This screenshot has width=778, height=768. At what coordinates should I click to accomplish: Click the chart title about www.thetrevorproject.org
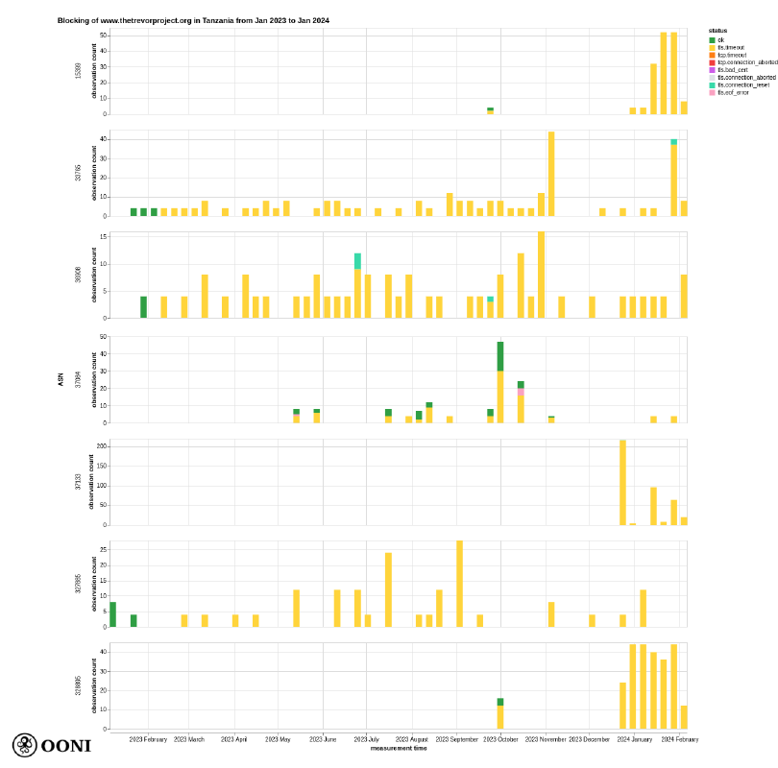pos(193,20)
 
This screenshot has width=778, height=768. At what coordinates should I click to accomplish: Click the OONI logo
pos(52,745)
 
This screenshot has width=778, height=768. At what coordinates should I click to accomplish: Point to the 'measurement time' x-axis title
pos(399,748)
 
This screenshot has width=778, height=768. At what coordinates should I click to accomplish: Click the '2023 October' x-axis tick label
pos(499,739)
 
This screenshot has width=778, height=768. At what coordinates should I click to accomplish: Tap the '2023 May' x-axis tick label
pos(278,739)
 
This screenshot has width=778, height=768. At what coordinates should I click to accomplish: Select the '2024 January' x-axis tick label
pos(634,739)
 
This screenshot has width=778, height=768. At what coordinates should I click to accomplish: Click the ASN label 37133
pos(79,482)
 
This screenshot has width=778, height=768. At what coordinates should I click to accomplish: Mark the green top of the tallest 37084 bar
pos(500,356)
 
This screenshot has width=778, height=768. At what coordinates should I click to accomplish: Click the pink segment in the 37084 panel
pos(521,392)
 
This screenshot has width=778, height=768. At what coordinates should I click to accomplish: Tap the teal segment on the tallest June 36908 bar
pos(357,261)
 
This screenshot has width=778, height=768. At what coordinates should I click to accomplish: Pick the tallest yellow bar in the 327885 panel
pos(459,584)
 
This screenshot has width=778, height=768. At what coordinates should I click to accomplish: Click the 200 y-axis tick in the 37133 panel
pos(101,446)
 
